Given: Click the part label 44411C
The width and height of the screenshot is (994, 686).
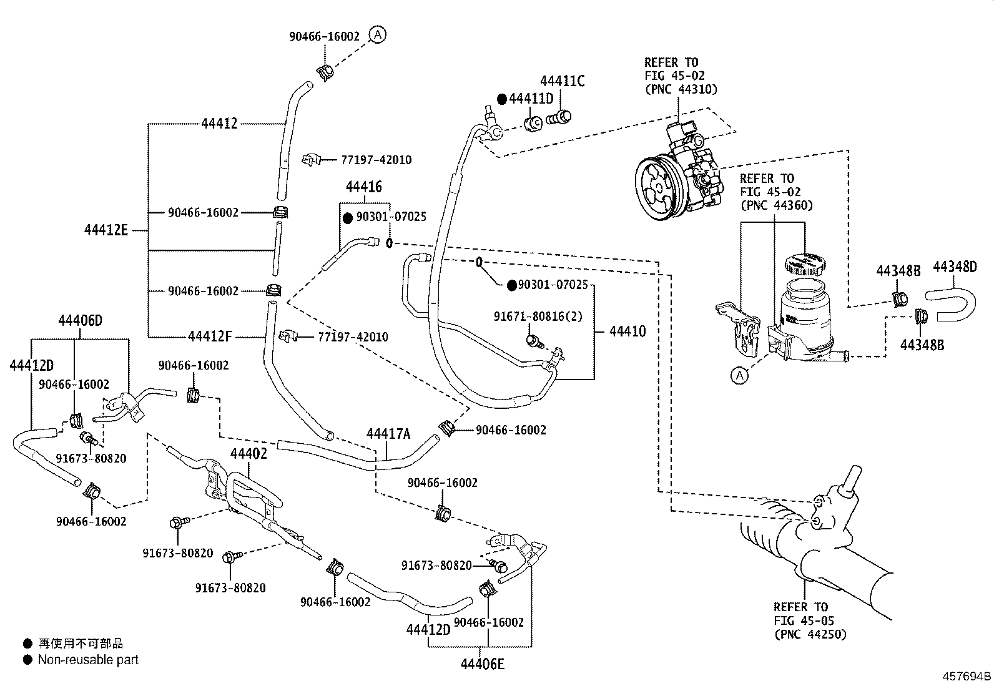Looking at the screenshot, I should [x=562, y=81].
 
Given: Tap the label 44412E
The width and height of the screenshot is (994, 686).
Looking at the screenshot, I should [x=106, y=231].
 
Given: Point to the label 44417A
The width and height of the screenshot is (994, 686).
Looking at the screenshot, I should [x=388, y=433].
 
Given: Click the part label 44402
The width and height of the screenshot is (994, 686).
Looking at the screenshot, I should [x=248, y=454].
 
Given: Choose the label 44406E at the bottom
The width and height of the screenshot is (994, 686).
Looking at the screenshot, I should [x=482, y=664].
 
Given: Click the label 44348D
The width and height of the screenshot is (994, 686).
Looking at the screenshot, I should [x=954, y=267].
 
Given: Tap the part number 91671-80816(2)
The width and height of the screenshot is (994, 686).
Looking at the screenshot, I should [x=538, y=316].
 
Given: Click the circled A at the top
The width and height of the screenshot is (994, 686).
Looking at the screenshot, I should [x=377, y=34].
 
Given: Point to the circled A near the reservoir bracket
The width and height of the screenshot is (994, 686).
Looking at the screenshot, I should [x=739, y=376].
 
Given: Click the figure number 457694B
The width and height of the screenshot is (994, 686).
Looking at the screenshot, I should [x=967, y=676].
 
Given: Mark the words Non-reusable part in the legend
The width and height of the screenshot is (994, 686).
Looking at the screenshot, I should [x=88, y=660].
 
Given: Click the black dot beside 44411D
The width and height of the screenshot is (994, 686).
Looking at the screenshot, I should [x=501, y=99].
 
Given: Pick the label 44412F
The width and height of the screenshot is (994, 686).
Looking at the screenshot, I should [x=210, y=337].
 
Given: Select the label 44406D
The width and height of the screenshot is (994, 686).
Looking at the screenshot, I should [x=80, y=321].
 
